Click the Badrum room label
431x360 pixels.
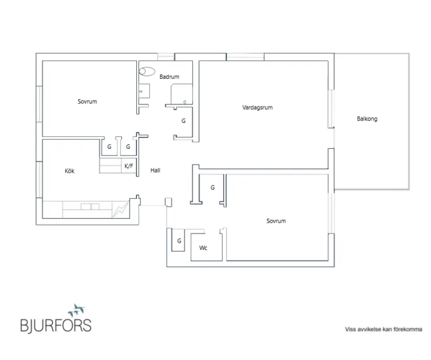coord(169,77)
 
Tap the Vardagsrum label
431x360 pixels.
coord(258,108)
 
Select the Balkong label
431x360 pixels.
coord(367,119)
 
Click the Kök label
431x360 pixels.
coord(69,171)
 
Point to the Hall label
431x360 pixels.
coord(155,170)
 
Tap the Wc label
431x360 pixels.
coord(203,248)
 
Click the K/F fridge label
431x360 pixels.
coord(129,166)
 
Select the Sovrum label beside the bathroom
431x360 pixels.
coord(87,101)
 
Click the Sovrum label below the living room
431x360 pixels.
coord(276,221)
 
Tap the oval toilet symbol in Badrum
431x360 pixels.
coord(147,72)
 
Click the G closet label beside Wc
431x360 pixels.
coord(179,241)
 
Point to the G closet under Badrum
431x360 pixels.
coord(183,121)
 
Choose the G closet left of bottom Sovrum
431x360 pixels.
coord(213,188)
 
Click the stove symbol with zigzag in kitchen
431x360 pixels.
coord(120,210)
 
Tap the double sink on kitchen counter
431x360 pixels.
coord(90,207)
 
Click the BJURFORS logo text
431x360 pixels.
coord(56,326)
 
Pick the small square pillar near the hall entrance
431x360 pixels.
coord(169,202)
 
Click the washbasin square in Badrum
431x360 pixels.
coord(144,91)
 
